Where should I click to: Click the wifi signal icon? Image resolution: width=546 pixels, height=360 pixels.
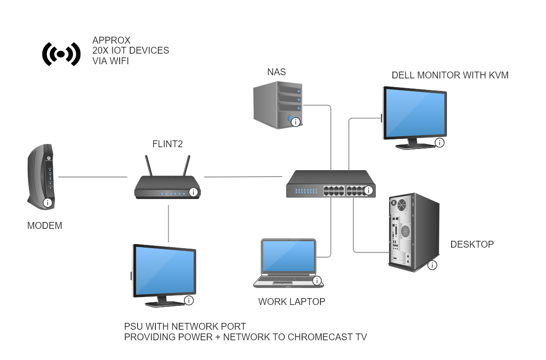61,54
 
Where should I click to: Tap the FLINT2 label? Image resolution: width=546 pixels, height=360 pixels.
167,144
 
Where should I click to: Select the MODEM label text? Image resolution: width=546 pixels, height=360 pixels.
44,226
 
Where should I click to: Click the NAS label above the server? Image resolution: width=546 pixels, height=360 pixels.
276,72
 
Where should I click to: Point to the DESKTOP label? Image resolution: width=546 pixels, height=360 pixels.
472,244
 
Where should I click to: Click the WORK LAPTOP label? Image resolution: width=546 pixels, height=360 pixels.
292,301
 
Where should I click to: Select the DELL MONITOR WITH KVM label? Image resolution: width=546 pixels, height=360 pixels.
450,75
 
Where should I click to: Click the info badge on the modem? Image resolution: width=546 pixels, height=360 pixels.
47,203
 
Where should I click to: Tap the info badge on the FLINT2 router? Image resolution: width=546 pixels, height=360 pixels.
193,192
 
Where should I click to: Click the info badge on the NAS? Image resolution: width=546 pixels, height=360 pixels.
296,122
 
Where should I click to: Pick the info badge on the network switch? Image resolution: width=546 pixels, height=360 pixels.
369,190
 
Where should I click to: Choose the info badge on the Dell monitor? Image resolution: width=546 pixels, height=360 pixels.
440,143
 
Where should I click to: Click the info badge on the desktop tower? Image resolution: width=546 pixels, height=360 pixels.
432,265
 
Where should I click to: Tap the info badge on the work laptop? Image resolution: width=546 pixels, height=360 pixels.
317,281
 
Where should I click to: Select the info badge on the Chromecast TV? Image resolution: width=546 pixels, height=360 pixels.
189,300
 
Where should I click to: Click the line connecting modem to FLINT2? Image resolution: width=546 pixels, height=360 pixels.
93,177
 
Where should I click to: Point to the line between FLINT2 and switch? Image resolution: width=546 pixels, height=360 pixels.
243,177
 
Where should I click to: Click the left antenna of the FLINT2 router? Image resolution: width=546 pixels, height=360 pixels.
149,166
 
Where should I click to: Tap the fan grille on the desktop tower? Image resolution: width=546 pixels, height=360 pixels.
402,205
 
